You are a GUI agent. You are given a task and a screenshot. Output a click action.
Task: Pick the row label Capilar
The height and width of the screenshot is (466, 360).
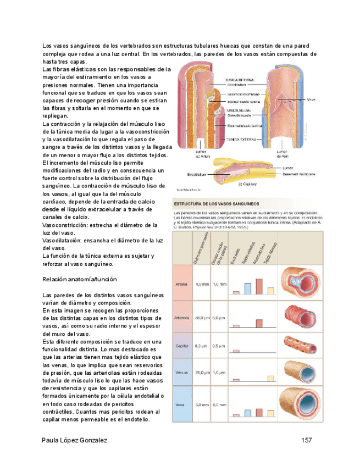(x=182, y=346)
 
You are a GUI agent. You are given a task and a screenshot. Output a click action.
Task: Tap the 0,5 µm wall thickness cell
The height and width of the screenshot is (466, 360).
(x=219, y=346)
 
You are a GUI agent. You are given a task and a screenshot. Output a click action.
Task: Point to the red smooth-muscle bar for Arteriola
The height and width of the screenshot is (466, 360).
(x=258, y=321)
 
